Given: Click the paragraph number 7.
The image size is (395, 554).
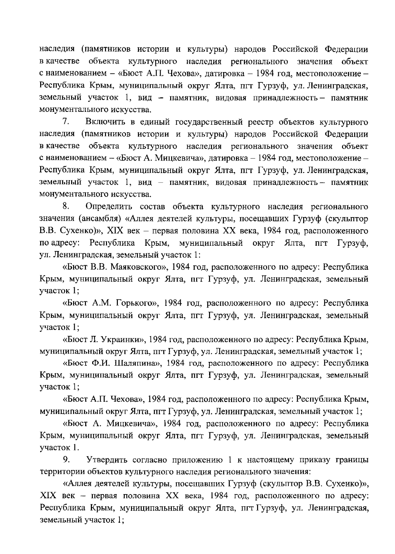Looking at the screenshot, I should click(x=65, y=122).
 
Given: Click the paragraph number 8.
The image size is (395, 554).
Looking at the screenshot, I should click(x=65, y=207).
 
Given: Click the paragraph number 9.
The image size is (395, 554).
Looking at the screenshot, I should click(x=65, y=460).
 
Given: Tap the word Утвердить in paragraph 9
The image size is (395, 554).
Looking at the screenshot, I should click(x=107, y=460).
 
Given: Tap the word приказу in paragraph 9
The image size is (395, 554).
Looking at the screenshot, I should click(x=304, y=460).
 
